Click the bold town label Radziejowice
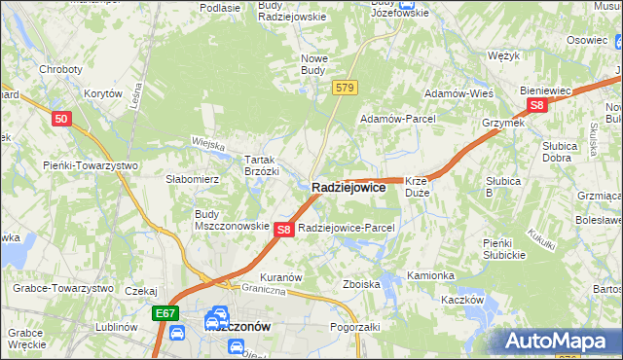[348, 187]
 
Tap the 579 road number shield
[344, 88]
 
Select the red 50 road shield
[61, 118]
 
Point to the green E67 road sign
[165, 313]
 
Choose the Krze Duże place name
[417, 187]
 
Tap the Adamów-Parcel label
[398, 118]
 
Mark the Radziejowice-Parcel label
[347, 228]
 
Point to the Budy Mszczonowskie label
[232, 219]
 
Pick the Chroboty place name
[59, 69]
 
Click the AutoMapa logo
[560, 341]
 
